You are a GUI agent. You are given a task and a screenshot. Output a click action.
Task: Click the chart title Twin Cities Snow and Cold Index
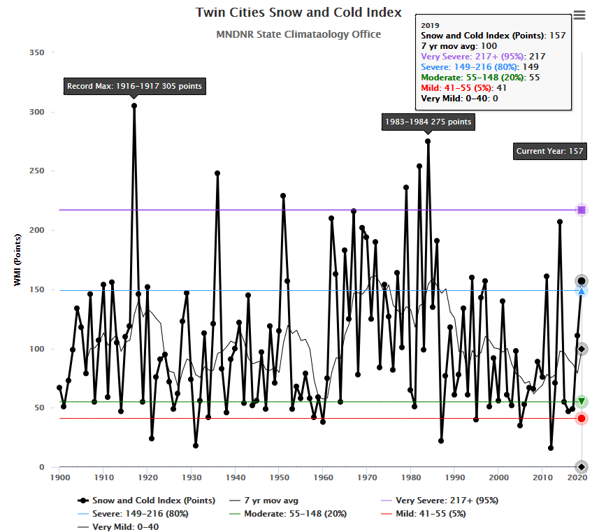point(298,13)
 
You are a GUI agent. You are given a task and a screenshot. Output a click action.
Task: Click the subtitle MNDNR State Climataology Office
point(298,34)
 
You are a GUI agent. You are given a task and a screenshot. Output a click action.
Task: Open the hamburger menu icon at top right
point(579,15)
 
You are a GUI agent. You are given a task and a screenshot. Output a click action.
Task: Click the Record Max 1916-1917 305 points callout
point(134,87)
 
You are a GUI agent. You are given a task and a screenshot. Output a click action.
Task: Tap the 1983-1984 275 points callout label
point(428,122)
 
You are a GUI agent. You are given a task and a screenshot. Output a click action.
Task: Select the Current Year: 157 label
point(549,151)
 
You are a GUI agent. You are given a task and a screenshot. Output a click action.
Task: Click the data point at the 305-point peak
point(134,106)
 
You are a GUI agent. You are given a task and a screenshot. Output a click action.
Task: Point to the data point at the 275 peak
point(428,141)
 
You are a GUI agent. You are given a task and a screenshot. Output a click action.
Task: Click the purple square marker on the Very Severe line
point(582,210)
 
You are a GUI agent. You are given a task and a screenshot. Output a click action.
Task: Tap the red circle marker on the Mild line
point(582,419)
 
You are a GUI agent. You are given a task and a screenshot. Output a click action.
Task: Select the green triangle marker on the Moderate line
point(582,402)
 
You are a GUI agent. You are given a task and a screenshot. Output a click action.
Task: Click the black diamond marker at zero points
point(582,466)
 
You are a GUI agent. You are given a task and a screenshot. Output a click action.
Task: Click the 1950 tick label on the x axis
point(279,477)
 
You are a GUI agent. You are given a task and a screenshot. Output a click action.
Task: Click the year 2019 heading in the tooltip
point(430,24)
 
